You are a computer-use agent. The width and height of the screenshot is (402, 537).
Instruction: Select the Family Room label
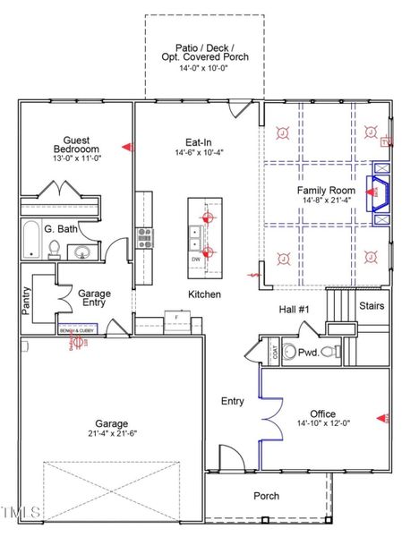323,191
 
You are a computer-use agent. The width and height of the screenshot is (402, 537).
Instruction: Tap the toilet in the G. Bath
54,247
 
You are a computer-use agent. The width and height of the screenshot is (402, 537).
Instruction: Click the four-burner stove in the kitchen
144,237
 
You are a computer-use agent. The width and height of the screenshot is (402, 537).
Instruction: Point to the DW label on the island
196,259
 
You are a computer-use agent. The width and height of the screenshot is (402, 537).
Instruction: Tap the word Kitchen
204,294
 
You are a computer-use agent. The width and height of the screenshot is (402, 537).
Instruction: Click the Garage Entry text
95,299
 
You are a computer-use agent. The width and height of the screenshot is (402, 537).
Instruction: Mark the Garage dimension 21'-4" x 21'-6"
114,433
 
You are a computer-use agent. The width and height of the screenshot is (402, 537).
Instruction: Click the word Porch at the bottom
267,495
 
